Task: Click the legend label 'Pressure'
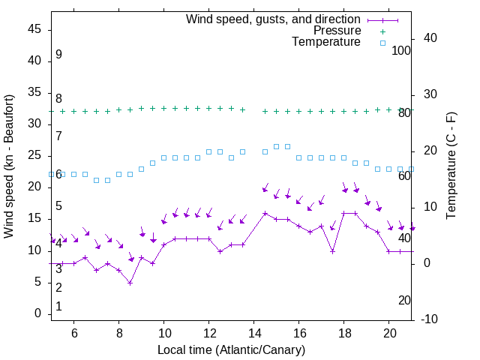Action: pyautogui.click(x=337, y=31)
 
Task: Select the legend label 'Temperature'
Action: pyautogui.click(x=326, y=42)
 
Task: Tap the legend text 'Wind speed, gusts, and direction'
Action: pyautogui.click(x=274, y=19)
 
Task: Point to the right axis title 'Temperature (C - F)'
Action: pyautogui.click(x=451, y=166)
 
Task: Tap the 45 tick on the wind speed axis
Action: pyautogui.click(x=34, y=30)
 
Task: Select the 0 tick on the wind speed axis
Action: pyautogui.click(x=38, y=313)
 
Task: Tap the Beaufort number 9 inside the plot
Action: pyautogui.click(x=58, y=55)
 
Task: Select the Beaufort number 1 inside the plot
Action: pyautogui.click(x=58, y=307)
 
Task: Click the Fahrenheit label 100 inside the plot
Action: pyautogui.click(x=401, y=50)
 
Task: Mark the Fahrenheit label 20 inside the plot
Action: pyautogui.click(x=404, y=300)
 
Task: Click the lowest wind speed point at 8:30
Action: pyautogui.click(x=130, y=283)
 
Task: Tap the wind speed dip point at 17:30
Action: pyautogui.click(x=333, y=251)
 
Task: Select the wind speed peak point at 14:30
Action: pyautogui.click(x=265, y=213)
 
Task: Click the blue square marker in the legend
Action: pyautogui.click(x=382, y=43)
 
